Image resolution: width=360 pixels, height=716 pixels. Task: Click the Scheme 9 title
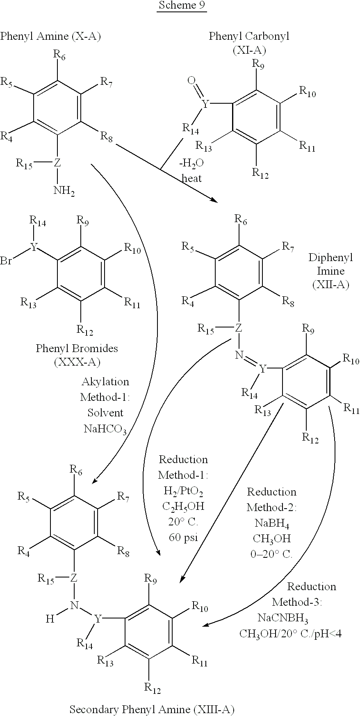pyautogui.click(x=182, y=6)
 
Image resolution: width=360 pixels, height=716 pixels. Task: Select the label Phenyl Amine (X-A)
pyautogui.click(x=50, y=36)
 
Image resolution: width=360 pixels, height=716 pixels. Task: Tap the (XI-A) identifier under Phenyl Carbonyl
pyautogui.click(x=249, y=50)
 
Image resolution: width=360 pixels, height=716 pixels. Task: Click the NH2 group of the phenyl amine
pyautogui.click(x=64, y=191)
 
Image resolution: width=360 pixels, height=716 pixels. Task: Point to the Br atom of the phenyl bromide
pyautogui.click(x=6, y=261)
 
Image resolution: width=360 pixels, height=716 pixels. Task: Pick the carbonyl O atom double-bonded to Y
pyautogui.click(x=191, y=81)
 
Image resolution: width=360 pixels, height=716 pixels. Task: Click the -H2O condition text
pyautogui.click(x=191, y=164)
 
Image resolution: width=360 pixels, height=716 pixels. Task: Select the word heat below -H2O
pyautogui.click(x=192, y=179)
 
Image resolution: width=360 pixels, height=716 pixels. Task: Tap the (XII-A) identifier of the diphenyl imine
pyautogui.click(x=330, y=285)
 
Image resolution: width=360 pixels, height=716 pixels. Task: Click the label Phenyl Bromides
pyautogui.click(x=77, y=348)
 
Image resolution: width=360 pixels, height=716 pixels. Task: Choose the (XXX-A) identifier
pyautogui.click(x=77, y=362)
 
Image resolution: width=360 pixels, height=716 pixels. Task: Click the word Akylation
pyautogui.click(x=105, y=382)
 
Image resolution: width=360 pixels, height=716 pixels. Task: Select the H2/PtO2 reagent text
pyautogui.click(x=183, y=491)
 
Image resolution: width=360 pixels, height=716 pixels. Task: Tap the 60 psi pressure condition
pyautogui.click(x=183, y=537)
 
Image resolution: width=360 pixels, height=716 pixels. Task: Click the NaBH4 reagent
pyautogui.click(x=271, y=523)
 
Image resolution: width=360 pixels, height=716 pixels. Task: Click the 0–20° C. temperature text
pyautogui.click(x=271, y=554)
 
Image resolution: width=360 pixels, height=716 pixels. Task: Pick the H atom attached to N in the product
pyautogui.click(x=50, y=619)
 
